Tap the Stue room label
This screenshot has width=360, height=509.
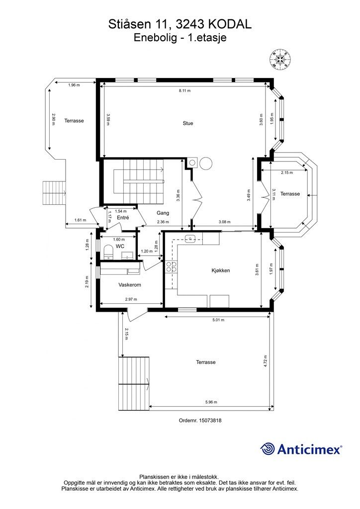188,123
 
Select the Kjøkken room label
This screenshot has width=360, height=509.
221,270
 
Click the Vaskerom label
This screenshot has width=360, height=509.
129,285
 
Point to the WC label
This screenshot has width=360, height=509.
120,247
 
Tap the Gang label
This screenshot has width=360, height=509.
163,213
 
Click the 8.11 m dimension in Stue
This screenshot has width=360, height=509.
184,90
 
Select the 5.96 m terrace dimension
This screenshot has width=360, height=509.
211,402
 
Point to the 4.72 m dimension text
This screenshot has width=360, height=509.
266,361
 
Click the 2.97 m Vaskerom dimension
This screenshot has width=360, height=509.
131,299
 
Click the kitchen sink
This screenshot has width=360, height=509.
189,239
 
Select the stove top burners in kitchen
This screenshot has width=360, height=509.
171,266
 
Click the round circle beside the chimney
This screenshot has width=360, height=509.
205,163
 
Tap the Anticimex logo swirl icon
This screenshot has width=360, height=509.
268,449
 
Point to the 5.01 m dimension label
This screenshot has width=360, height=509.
218,320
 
